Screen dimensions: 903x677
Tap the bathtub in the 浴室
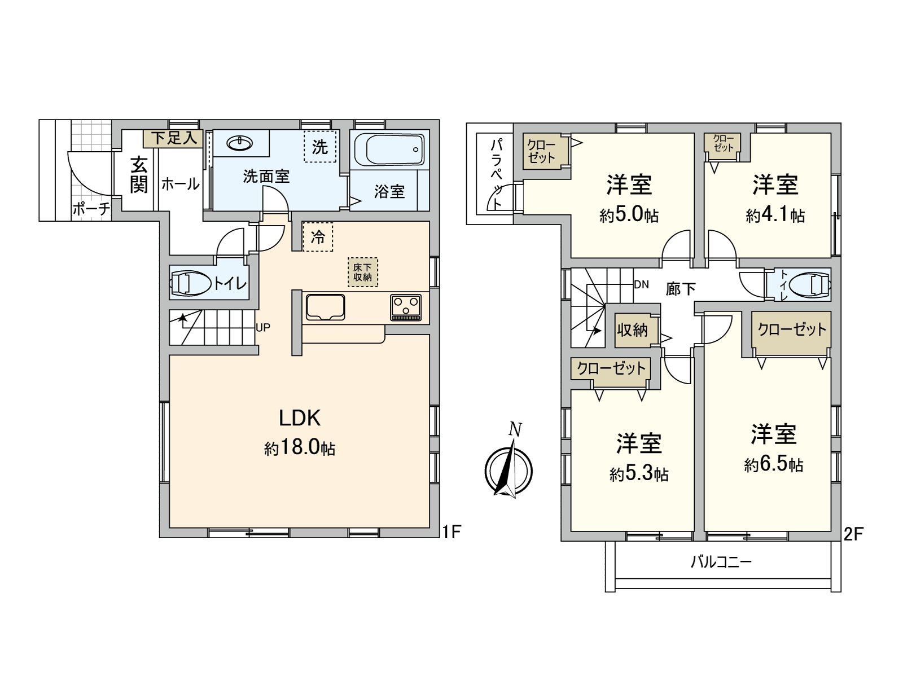click(389, 149)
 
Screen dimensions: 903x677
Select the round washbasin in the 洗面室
click(239, 143)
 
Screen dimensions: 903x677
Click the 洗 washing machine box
click(320, 146)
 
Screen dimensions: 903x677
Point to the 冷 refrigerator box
click(318, 237)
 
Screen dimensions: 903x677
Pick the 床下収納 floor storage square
click(362, 272)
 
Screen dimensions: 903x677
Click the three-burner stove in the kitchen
click(406, 307)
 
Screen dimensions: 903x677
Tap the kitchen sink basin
click(325, 307)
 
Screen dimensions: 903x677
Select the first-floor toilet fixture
click(191, 283)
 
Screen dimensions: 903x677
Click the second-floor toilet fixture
click(810, 284)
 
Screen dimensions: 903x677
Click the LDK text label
click(300, 419)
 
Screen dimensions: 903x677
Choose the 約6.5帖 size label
click(773, 465)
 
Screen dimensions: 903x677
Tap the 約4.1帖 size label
click(775, 215)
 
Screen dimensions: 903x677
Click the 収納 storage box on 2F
click(633, 330)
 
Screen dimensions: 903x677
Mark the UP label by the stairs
click(263, 328)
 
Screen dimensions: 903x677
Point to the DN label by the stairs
click(641, 284)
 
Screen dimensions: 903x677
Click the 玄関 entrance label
click(139, 175)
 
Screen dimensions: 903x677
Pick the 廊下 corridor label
click(681, 289)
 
